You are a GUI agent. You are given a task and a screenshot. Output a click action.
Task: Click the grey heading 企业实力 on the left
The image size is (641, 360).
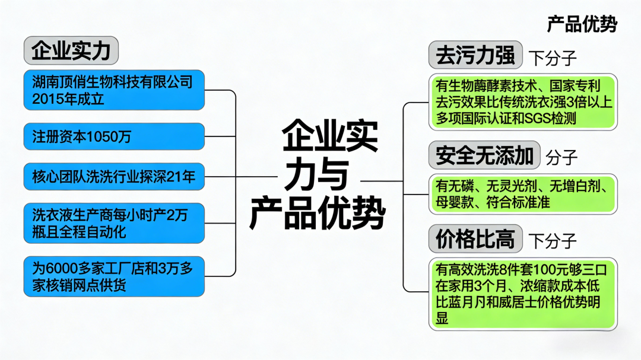click(71, 50)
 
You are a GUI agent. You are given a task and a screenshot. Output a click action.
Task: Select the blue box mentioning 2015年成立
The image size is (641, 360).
click(114, 90)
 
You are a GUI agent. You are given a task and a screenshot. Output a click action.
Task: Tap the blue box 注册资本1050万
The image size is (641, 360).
click(114, 137)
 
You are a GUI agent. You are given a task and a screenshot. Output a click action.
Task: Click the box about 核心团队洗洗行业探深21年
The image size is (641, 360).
click(114, 176)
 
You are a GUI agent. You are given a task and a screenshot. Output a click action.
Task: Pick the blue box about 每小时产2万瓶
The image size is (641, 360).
click(114, 223)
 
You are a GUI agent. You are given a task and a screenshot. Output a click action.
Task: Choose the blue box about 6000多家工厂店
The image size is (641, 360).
click(114, 276)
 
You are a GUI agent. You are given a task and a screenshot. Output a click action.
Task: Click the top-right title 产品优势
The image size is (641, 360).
click(582, 24)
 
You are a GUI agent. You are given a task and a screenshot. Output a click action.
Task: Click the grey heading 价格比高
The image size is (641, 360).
click(475, 240)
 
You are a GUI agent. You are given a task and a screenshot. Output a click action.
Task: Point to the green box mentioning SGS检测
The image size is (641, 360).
click(523, 101)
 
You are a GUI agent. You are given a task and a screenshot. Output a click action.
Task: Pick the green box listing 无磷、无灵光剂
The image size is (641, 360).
click(523, 194)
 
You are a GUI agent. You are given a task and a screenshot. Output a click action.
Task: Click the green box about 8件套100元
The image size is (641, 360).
click(523, 294)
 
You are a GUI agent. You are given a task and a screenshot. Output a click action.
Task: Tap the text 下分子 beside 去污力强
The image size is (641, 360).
click(552, 58)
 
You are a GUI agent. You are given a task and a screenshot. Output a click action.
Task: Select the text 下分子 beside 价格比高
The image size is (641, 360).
click(552, 241)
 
